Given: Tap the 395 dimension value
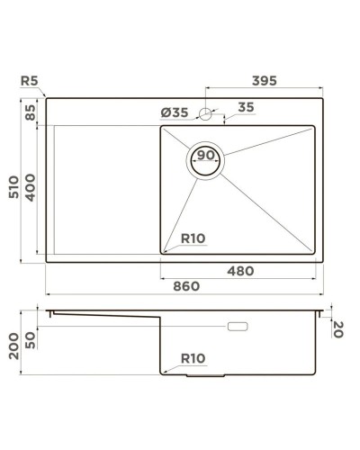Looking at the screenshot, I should click(x=262, y=80).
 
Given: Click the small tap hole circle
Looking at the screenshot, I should click(x=205, y=113).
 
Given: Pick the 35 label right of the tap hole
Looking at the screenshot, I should click(x=246, y=109).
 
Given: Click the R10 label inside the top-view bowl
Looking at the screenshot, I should click(x=193, y=238).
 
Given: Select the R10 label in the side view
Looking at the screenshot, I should click(x=193, y=358).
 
